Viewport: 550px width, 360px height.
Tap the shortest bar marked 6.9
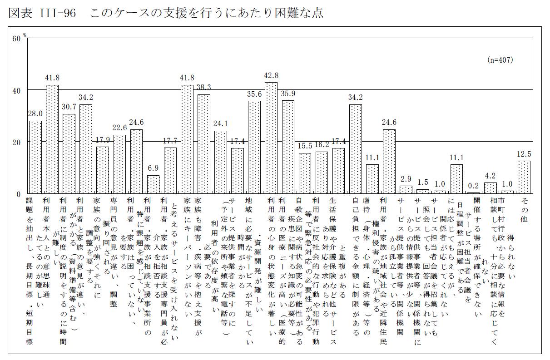tap(154, 184)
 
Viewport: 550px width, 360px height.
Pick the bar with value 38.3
tap(204, 143)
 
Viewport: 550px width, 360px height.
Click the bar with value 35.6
tap(254, 147)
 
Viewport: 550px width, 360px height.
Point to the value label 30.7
tap(69, 107)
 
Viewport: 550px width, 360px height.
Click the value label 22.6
tap(119, 128)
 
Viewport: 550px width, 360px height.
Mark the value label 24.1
tap(221, 124)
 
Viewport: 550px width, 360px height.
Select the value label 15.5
tap(305, 146)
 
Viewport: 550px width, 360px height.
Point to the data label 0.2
tap(473, 186)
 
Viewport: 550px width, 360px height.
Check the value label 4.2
tap(490, 176)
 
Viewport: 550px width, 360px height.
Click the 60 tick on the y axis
tap(16, 39)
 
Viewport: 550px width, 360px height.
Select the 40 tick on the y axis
tap(16, 90)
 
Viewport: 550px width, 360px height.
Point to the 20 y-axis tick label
tap(16, 142)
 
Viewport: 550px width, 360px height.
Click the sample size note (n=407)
tap(500, 59)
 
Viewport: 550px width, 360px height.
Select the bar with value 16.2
tap(322, 173)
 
